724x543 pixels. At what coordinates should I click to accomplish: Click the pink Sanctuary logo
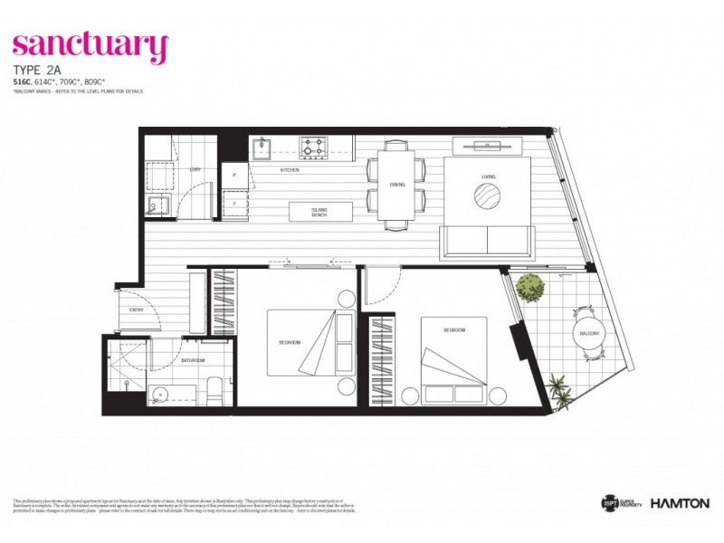click(x=90, y=45)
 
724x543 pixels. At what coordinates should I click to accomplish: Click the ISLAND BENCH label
click(x=307, y=212)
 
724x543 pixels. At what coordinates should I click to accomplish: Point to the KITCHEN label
click(x=290, y=169)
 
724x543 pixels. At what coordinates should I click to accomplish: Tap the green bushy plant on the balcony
click(x=530, y=289)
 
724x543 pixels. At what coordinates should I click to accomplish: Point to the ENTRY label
click(x=137, y=310)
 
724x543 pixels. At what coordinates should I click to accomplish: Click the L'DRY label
click(x=195, y=169)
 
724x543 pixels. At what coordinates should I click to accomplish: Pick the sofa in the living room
click(x=486, y=239)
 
